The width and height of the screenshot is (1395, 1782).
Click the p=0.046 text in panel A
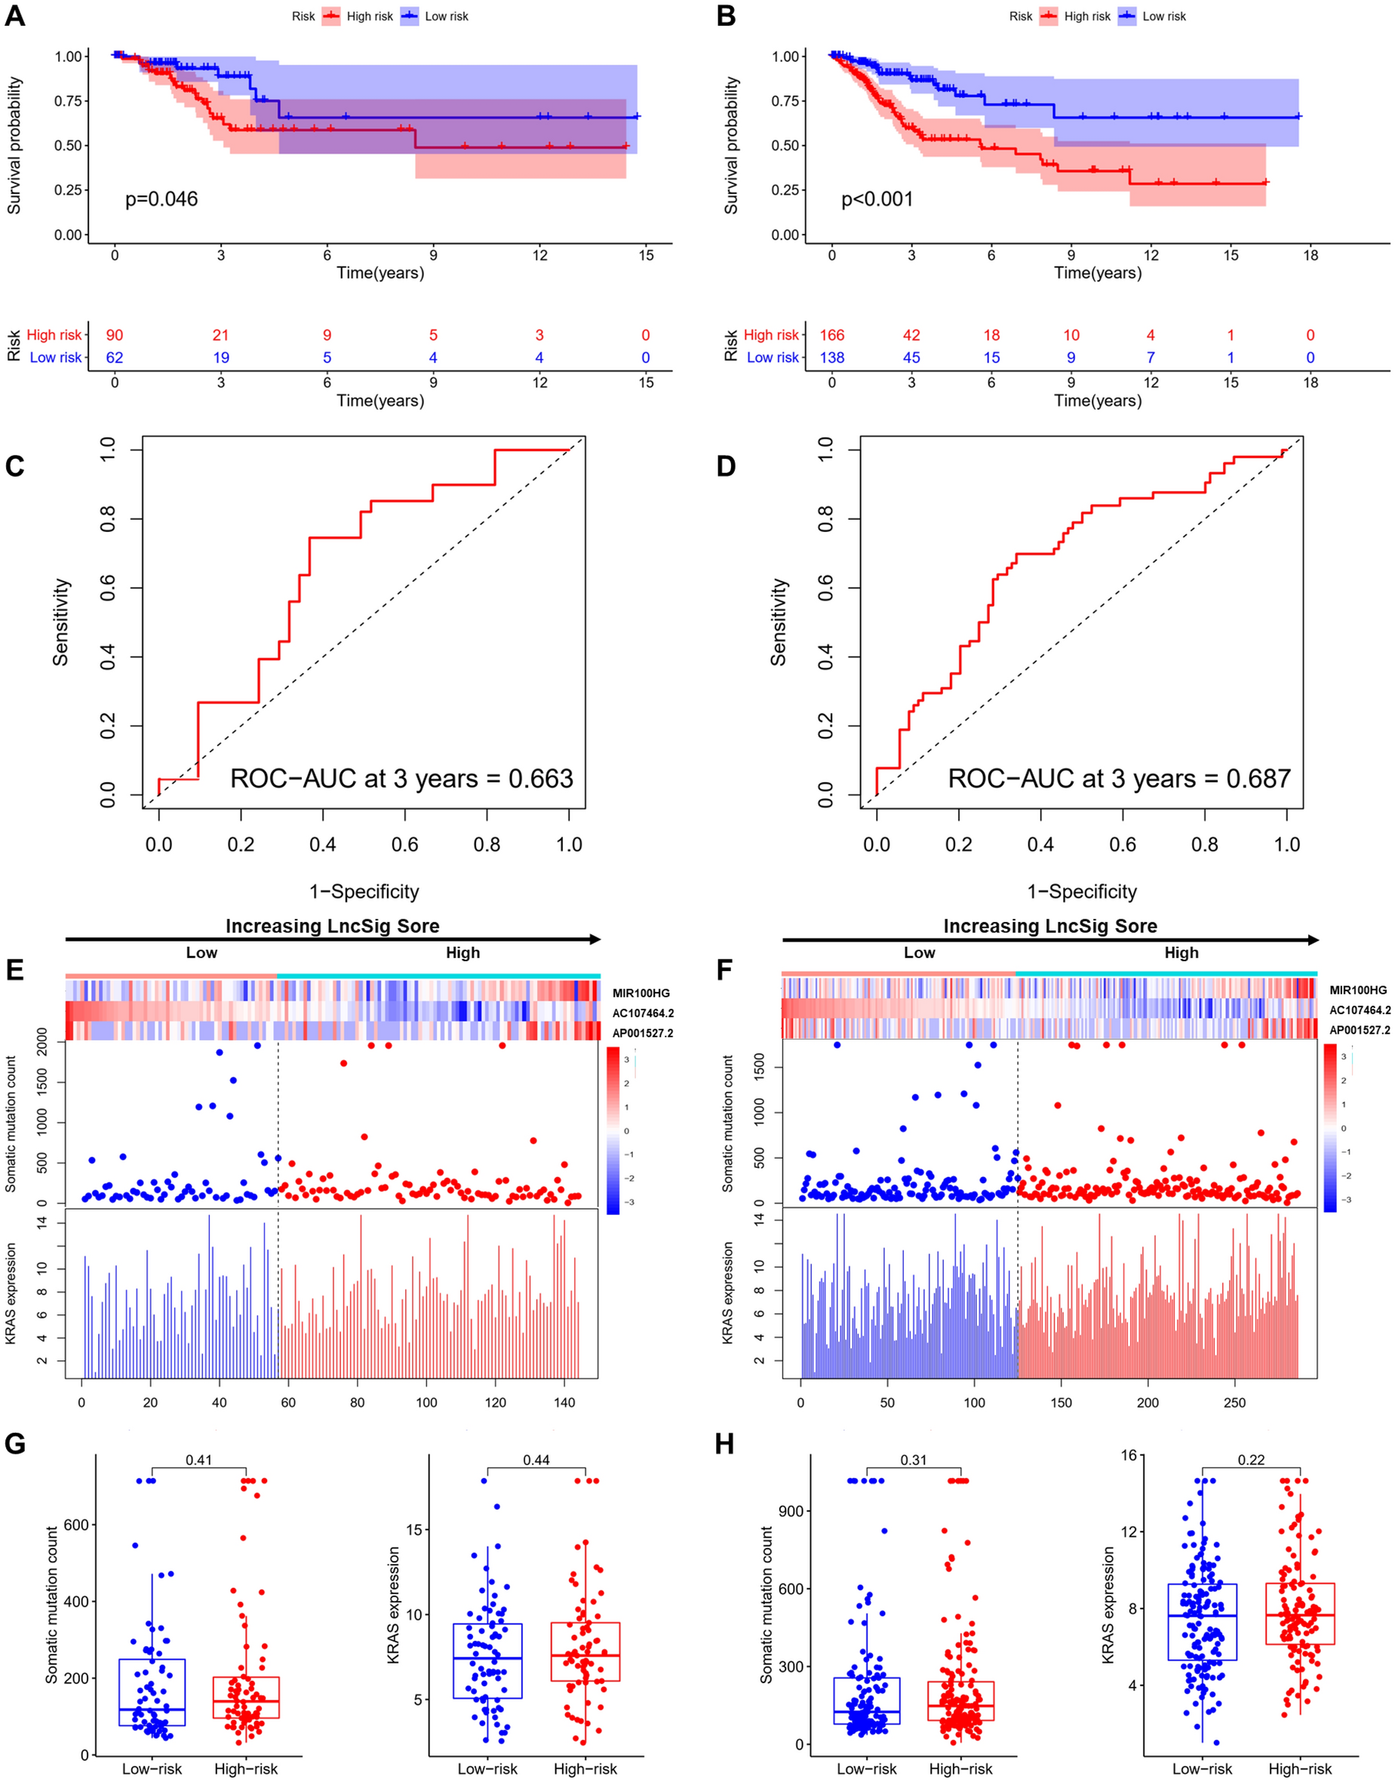pyautogui.click(x=161, y=199)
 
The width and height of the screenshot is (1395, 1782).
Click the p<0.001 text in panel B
pyautogui.click(x=877, y=199)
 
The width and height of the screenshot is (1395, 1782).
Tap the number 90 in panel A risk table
pyautogui.click(x=115, y=335)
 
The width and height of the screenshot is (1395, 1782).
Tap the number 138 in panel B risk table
pyautogui.click(x=831, y=358)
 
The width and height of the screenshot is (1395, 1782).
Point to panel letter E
pyautogui.click(x=14, y=970)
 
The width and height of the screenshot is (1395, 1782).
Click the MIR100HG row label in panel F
pyautogui.click(x=1357, y=990)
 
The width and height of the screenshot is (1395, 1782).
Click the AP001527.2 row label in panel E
pyautogui.click(x=643, y=1033)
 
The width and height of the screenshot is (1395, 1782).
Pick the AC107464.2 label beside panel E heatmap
pyautogui.click(x=643, y=1013)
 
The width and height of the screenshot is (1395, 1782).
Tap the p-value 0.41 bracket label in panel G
pyautogui.click(x=198, y=1459)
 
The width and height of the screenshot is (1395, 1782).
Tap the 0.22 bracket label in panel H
pyautogui.click(x=1250, y=1459)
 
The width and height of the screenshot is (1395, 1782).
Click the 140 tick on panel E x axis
pyautogui.click(x=564, y=1403)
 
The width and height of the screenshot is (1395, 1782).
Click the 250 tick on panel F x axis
pyautogui.click(x=1234, y=1403)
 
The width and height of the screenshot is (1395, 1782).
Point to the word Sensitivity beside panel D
pyautogui.click(x=779, y=622)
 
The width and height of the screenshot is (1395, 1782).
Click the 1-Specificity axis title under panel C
pyautogui.click(x=364, y=892)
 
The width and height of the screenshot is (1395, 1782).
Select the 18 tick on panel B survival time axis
pyautogui.click(x=1310, y=256)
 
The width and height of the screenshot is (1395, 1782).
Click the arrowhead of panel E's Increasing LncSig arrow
pyautogui.click(x=595, y=940)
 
